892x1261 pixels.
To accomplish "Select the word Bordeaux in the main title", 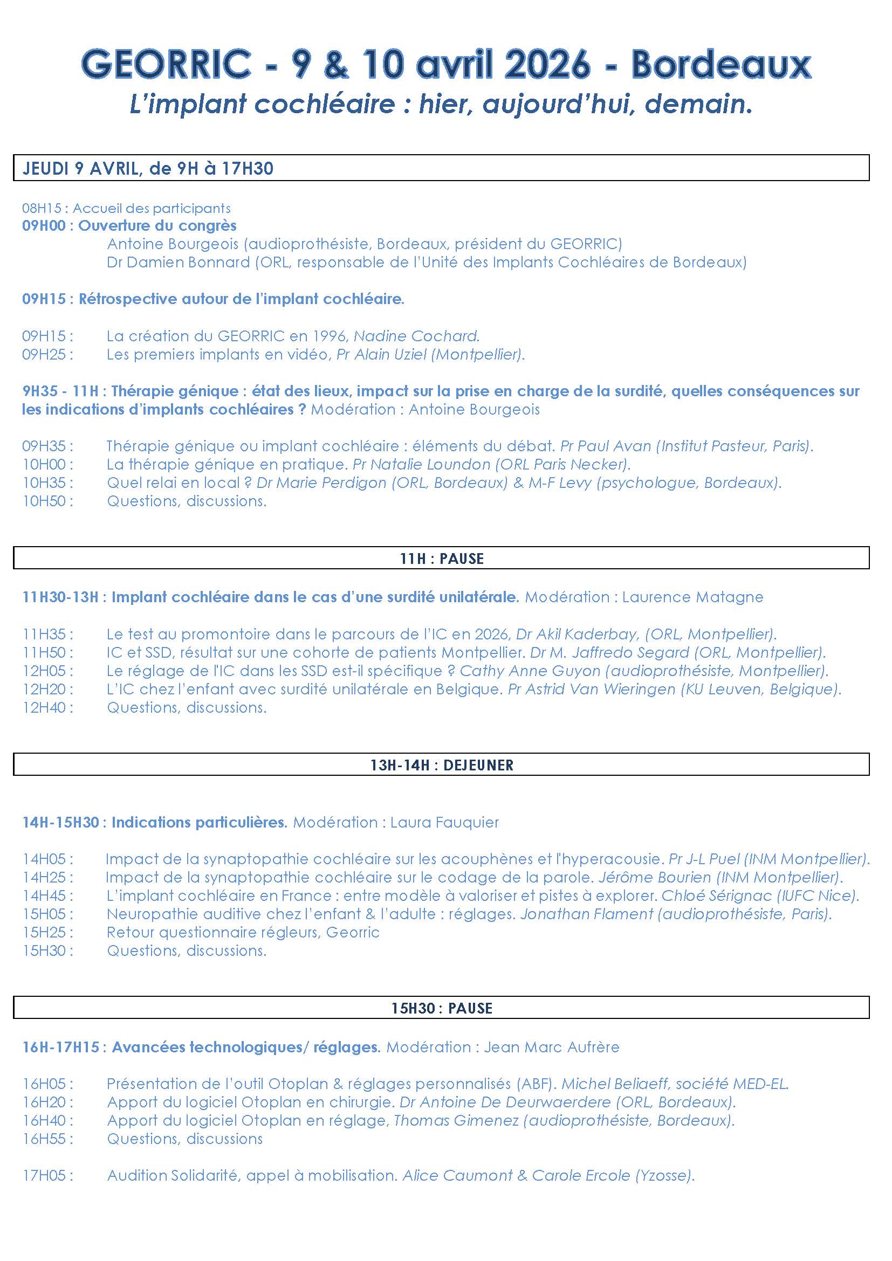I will coord(721,65).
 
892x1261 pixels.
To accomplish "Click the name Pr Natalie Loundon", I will coord(421,464).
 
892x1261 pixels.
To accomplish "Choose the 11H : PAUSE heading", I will coord(442,559).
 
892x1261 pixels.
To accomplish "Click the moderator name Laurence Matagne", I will coord(692,597).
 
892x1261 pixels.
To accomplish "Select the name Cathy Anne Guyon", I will coord(530,671).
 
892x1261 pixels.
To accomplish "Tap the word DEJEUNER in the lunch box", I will coord(478,765).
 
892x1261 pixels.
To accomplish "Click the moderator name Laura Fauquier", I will coord(444,822).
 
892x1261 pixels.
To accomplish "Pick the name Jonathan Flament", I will coord(587,914).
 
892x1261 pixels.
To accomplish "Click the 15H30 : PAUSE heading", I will coord(442,1008).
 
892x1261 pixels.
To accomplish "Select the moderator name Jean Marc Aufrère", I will coord(551,1047).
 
